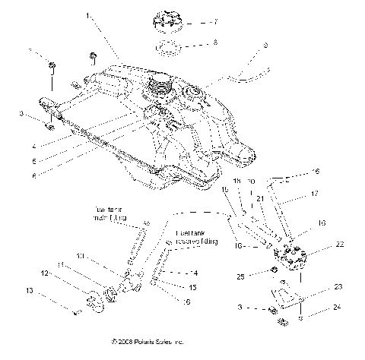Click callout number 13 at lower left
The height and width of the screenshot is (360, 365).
pos(50,290)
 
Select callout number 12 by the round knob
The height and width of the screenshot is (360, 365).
pos(46,273)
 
